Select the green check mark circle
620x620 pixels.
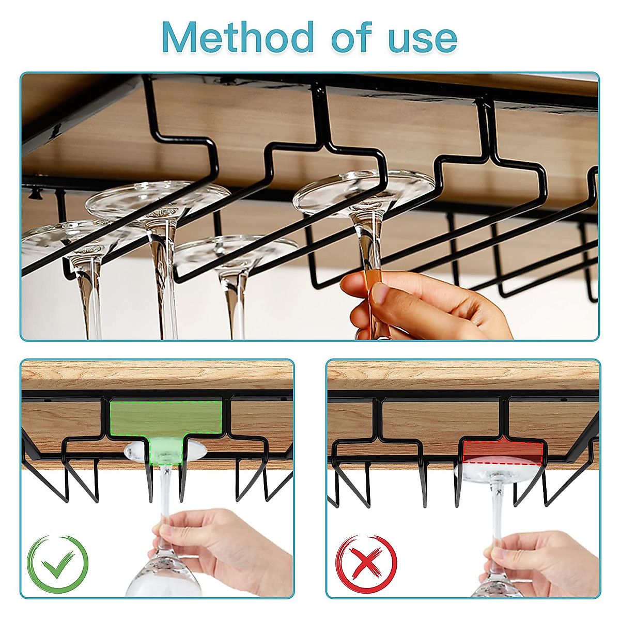click(x=58, y=564)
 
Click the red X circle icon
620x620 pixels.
click(x=366, y=564)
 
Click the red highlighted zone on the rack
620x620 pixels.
click(x=502, y=452)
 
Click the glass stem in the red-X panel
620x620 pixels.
click(x=497, y=512)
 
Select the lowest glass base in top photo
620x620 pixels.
click(x=235, y=253)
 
